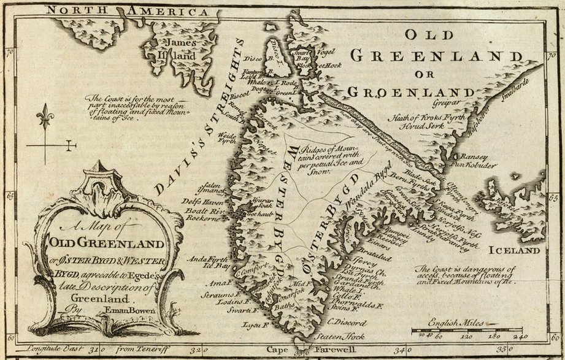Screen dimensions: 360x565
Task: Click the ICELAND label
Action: tap(514, 250)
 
